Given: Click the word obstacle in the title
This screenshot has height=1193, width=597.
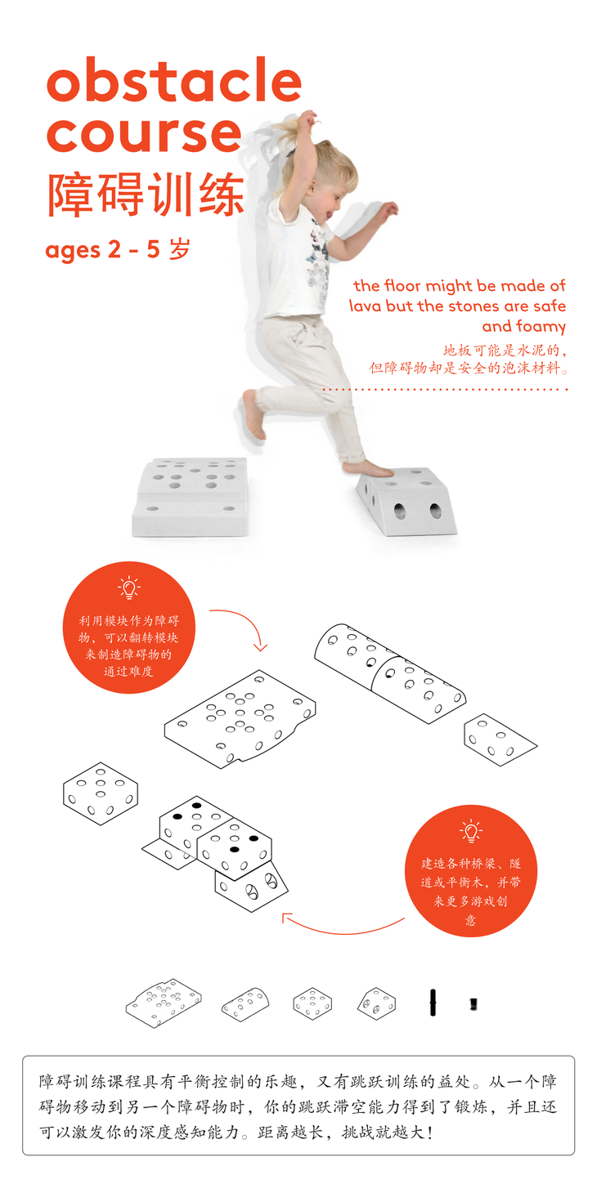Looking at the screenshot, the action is point(174,79).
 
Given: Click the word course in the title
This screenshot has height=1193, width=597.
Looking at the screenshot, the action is point(144,134).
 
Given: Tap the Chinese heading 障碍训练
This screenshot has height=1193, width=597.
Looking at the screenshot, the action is point(146,194).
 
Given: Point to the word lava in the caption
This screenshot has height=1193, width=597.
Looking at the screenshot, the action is point(365,306).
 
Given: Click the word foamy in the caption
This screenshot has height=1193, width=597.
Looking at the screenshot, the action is point(541,327).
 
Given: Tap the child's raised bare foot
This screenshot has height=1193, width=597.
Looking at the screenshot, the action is point(252,413).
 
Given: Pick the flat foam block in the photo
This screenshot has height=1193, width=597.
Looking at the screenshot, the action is point(191,496).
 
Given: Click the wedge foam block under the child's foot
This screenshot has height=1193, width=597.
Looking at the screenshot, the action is point(406,501).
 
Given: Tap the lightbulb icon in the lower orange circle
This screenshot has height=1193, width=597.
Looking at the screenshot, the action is point(471,831).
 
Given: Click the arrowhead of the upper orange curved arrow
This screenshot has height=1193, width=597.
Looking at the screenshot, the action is point(260,647).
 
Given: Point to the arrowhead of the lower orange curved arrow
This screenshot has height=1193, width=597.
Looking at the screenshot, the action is point(285,917).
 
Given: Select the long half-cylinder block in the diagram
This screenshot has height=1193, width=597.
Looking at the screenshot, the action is point(390,673).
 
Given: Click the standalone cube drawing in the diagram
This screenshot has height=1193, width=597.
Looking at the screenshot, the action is point(101,793).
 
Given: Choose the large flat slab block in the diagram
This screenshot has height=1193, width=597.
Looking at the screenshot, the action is point(240,719).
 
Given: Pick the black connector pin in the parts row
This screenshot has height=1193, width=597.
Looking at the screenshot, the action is point(433,1003).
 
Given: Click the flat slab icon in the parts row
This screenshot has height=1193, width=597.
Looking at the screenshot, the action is point(164,1003).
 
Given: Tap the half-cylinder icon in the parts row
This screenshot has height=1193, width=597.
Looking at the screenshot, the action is point(245,1004).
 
